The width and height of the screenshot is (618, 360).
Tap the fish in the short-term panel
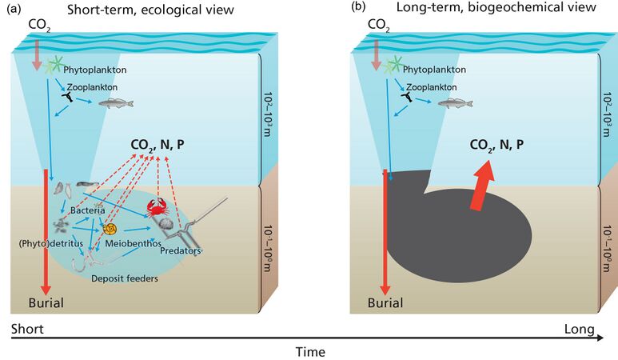[115, 103]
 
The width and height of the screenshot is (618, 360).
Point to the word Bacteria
[87, 210]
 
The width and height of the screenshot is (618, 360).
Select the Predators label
[181, 251]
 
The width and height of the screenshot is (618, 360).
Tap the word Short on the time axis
[26, 329]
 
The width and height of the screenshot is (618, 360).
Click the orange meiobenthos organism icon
[110, 229]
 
